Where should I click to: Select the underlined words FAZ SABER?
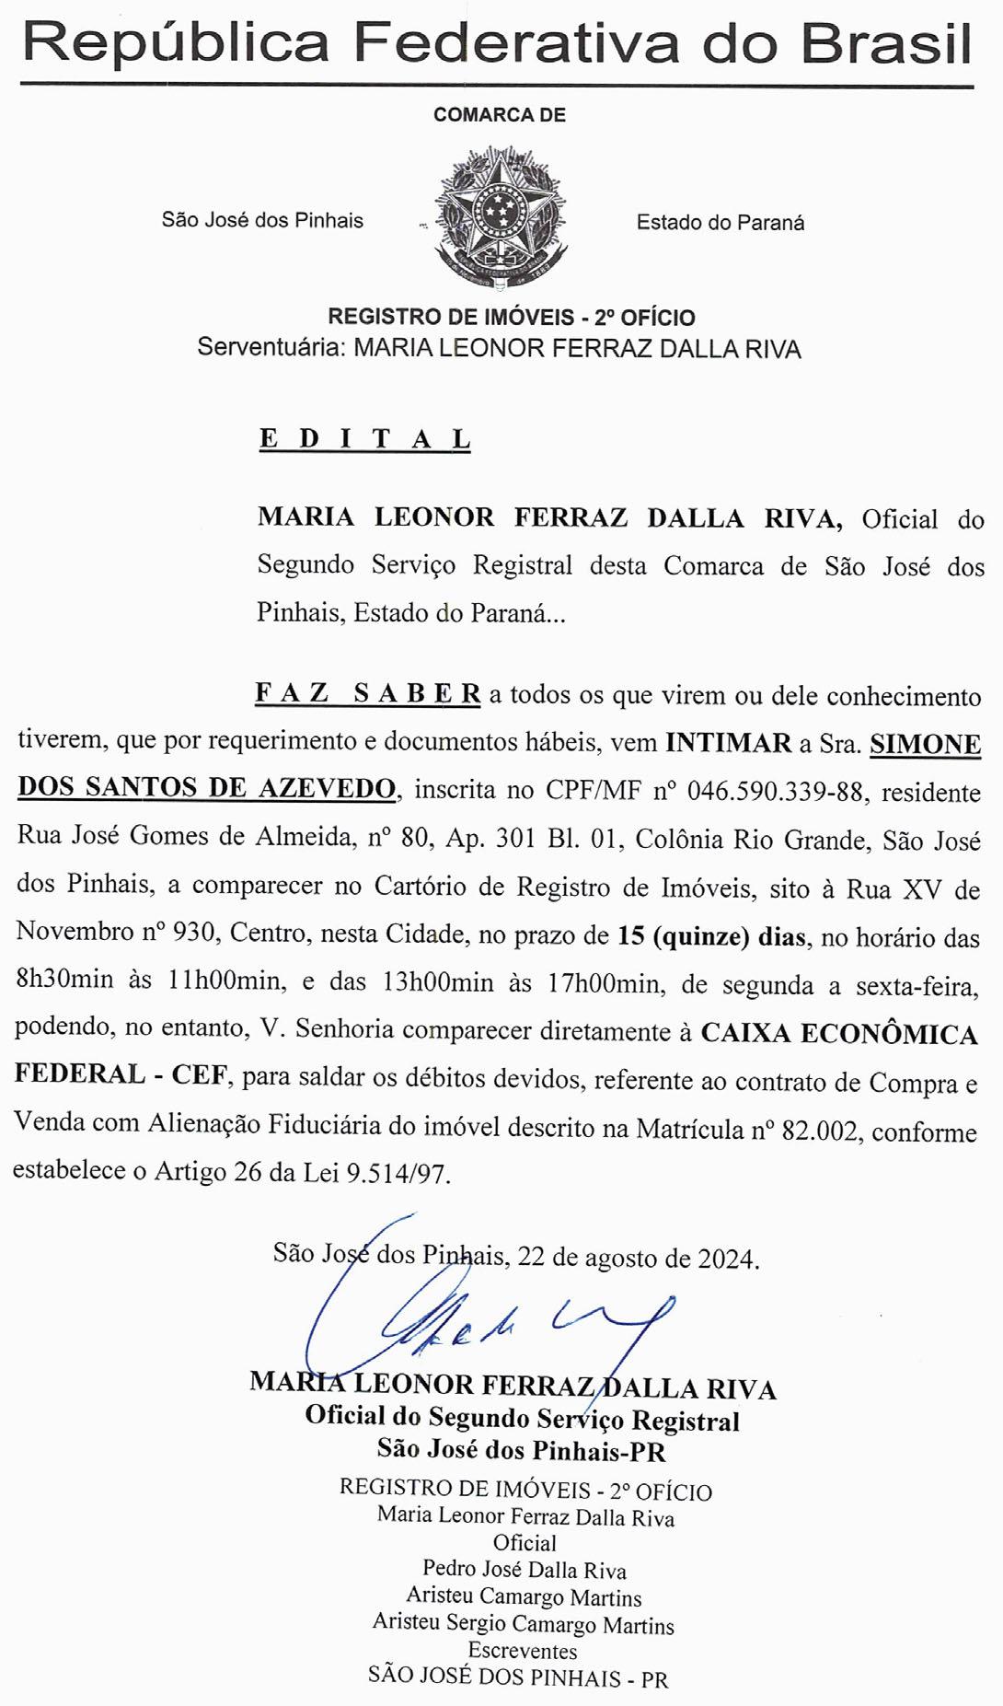(367, 693)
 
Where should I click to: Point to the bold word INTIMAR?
(728, 743)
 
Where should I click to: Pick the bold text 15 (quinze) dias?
(712, 936)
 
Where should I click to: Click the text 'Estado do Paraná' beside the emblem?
(720, 223)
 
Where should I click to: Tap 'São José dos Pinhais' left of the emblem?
(262, 220)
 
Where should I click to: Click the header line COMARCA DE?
(500, 115)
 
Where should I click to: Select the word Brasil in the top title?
(885, 42)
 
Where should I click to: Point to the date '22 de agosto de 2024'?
(638, 1258)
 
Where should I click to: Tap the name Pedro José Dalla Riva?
(524, 1571)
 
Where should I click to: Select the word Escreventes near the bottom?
(523, 1651)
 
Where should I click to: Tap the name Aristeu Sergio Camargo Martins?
(523, 1624)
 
